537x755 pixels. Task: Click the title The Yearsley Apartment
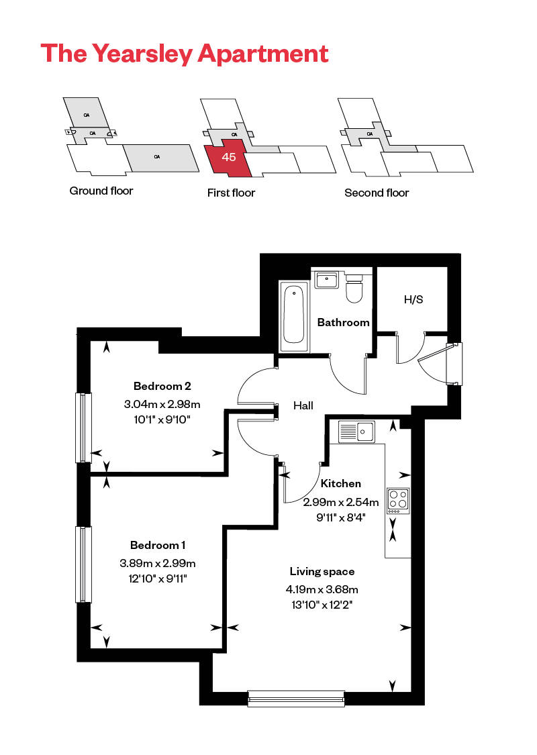(x=185, y=53)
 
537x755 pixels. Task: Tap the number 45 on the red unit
(x=229, y=158)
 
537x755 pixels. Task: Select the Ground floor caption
(x=101, y=191)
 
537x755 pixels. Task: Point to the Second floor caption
(x=377, y=193)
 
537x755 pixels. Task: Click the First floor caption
(x=231, y=193)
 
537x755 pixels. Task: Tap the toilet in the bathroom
(x=354, y=287)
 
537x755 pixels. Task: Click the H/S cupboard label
(x=413, y=299)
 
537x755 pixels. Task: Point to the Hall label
(x=303, y=405)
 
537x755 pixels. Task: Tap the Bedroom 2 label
(x=162, y=386)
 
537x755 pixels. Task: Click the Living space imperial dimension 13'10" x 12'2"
(x=322, y=605)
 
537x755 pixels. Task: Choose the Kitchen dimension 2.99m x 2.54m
(x=341, y=502)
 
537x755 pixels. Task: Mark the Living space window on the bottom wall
(x=296, y=699)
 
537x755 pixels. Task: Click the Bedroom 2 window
(x=83, y=427)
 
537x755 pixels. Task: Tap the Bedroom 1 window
(x=83, y=564)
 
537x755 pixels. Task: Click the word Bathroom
(x=343, y=322)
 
